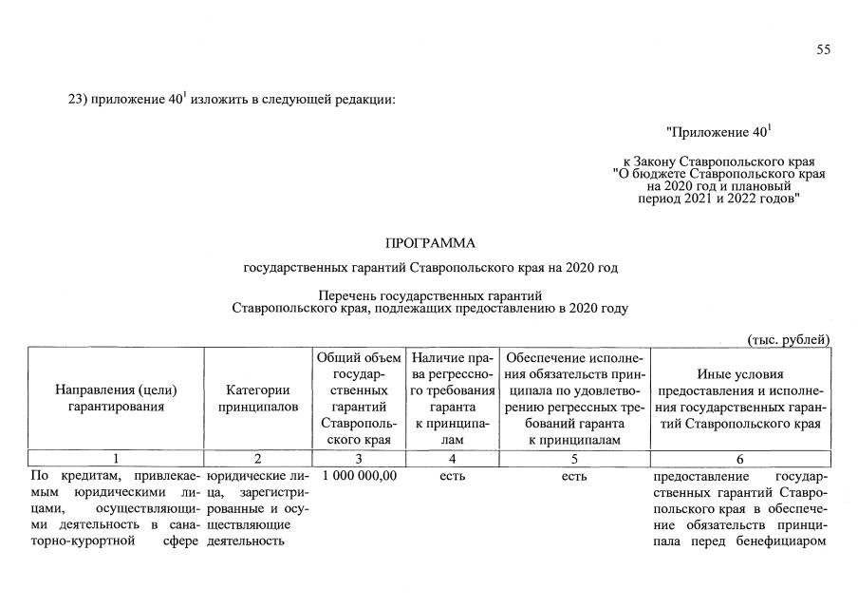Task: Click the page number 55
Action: point(823,50)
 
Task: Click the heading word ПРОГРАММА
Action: point(429,244)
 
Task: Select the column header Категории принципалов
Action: point(258,398)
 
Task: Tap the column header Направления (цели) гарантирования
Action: point(116,398)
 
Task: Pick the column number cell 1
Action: point(116,460)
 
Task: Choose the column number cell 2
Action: point(258,460)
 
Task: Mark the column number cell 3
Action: point(359,460)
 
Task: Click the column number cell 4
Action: point(453,460)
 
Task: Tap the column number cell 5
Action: point(574,460)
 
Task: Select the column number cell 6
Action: point(740,460)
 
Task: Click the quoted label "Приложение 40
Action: point(718,131)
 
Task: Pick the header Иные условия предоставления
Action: point(740,398)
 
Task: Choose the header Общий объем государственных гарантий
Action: point(359,398)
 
